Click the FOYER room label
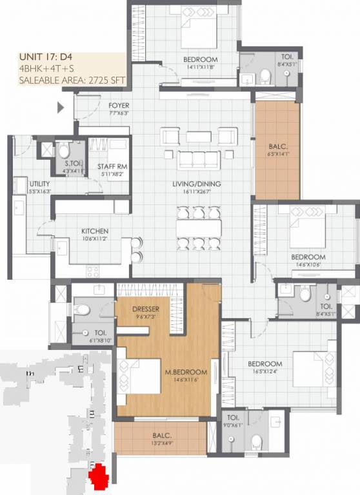coord(119,104)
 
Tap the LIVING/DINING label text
coord(197,184)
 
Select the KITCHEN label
coord(94,231)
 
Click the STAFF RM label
coord(112,166)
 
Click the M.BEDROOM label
coord(186,372)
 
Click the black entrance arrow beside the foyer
coord(61,108)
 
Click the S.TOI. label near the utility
coord(61,164)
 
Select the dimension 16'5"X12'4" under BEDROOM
coord(265,373)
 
